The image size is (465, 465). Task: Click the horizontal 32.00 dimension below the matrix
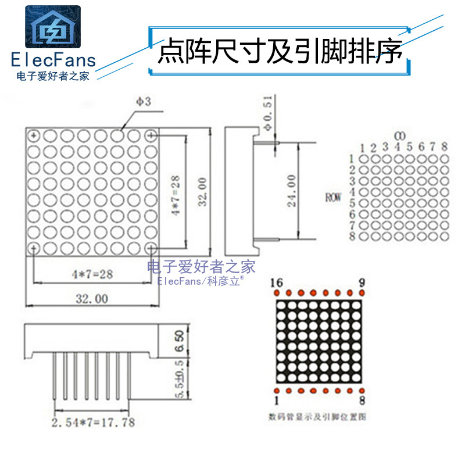pyautogui.click(x=91, y=299)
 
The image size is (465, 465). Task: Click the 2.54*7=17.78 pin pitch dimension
pyautogui.click(x=93, y=423)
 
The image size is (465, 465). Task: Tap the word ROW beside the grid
pyautogui.click(x=333, y=197)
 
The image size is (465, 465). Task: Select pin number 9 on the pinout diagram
pyautogui.click(x=362, y=282)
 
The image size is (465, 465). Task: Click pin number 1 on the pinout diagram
pyautogui.click(x=277, y=400)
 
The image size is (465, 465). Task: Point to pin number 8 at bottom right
pyautogui.click(x=362, y=400)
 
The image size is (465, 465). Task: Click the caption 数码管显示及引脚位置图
pyautogui.click(x=318, y=416)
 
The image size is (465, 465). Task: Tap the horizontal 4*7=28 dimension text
pyautogui.click(x=91, y=273)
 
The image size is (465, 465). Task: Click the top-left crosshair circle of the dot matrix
pyautogui.click(x=34, y=136)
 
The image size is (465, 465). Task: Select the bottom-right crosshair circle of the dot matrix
pyautogui.click(x=152, y=248)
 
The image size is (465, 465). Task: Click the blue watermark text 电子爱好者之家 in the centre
pyautogui.click(x=202, y=267)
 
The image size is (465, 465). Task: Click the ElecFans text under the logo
pyautogui.click(x=53, y=60)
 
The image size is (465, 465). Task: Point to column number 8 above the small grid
pyautogui.click(x=445, y=146)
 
